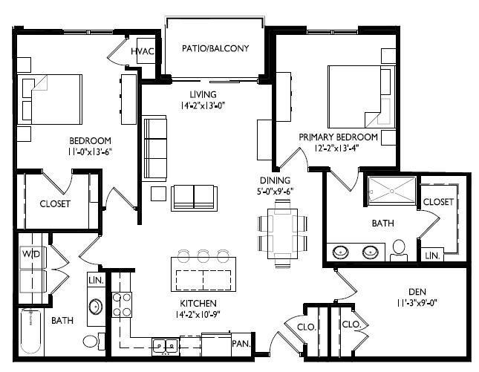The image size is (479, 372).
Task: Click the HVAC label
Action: tap(142, 51)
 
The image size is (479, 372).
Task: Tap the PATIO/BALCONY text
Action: tap(215, 49)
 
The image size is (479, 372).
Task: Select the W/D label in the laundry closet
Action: tap(31, 254)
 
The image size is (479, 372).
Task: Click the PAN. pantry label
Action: tap(240, 343)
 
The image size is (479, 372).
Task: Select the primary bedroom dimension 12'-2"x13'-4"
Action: tap(339, 148)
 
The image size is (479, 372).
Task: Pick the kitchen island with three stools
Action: tap(203, 274)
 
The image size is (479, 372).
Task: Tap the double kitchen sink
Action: tap(165, 345)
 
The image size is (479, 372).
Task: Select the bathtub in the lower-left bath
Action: tap(33, 333)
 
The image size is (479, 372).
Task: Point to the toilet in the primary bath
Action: tap(400, 249)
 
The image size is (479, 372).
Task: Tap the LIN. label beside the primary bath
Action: tap(432, 255)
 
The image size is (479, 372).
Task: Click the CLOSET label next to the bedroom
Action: tap(56, 203)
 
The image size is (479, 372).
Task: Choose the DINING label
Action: tap(274, 180)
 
